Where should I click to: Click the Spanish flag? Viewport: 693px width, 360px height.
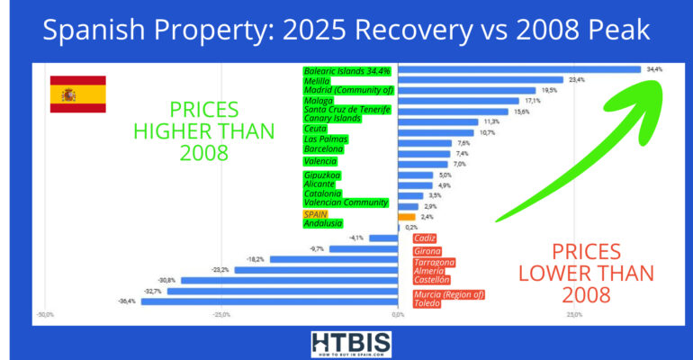tap(77, 94)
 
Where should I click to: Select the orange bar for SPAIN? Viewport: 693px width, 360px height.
tap(407, 216)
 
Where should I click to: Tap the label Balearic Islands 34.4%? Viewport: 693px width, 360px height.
tap(347, 70)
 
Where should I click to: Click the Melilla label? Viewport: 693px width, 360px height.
tap(317, 80)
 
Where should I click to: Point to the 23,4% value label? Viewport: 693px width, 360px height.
tap(575, 79)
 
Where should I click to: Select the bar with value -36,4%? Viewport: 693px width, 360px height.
tap(269, 301)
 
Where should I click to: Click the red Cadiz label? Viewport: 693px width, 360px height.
tap(424, 238)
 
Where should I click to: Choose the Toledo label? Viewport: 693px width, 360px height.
tap(427, 304)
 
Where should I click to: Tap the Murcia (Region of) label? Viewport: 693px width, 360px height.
tap(448, 294)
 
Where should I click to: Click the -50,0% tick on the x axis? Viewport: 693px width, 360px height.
tap(44, 315)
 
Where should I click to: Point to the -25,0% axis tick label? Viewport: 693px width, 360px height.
tap(221, 315)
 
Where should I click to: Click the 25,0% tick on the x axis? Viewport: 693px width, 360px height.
tap(574, 315)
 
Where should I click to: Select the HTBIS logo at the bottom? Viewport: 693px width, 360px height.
tap(346, 343)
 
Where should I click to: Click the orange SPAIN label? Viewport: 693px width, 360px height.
tap(315, 214)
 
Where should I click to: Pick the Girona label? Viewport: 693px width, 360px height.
tap(427, 251)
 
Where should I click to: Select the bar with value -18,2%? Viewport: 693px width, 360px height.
tap(334, 259)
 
